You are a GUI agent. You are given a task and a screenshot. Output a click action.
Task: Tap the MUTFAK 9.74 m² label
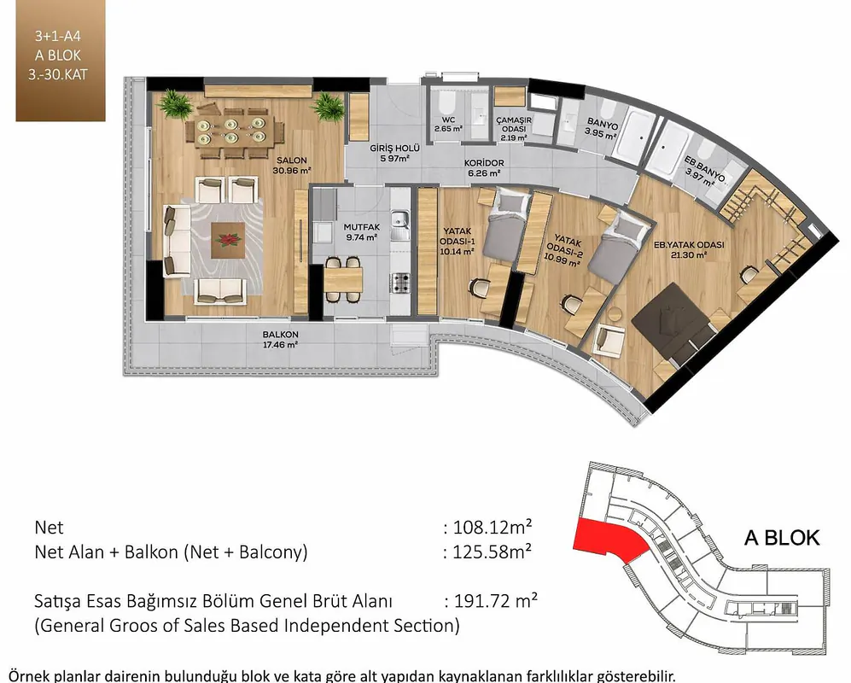click(361, 232)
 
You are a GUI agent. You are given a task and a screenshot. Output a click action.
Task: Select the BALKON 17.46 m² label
click(280, 339)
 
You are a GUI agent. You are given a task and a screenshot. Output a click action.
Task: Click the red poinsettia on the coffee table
click(228, 239)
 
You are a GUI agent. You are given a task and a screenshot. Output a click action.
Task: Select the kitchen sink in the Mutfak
click(400, 225)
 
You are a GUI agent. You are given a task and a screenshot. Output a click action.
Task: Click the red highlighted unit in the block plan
click(609, 540)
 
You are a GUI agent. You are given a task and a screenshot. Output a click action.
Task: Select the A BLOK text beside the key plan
click(782, 538)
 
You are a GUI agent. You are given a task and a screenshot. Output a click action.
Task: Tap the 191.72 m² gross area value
click(496, 601)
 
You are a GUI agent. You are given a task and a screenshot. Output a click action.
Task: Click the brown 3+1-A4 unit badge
click(61, 61)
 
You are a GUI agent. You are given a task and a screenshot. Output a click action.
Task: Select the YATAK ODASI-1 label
click(457, 241)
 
